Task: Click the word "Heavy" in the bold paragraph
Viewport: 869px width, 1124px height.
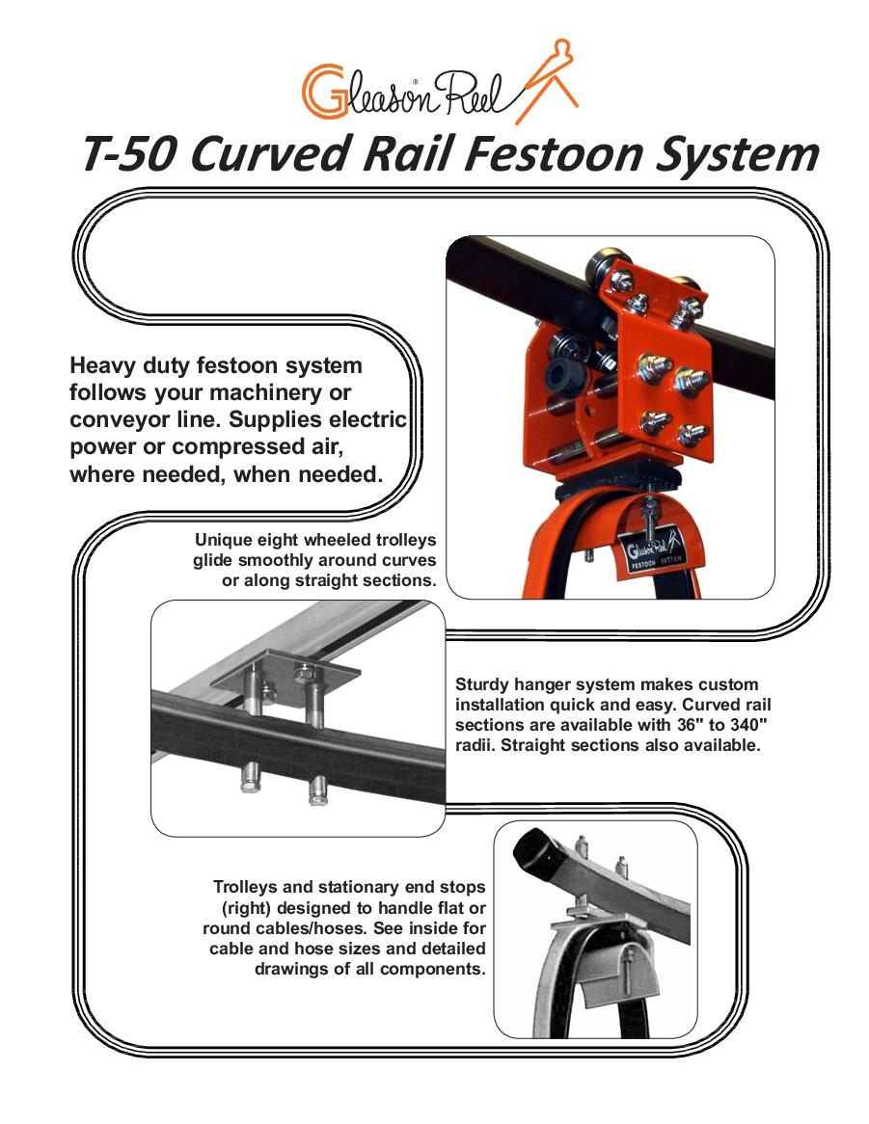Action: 102,366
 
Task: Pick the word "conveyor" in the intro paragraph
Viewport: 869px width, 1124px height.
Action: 116,420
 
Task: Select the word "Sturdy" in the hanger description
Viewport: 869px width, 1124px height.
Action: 483,684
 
